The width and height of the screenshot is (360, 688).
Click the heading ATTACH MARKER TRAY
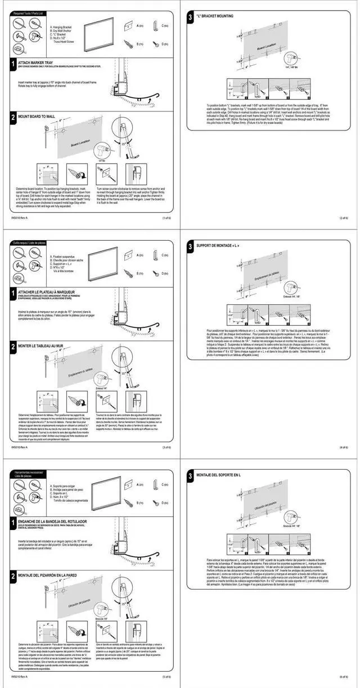(37, 63)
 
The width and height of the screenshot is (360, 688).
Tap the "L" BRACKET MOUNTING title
(214, 16)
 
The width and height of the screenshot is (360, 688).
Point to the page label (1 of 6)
(166, 218)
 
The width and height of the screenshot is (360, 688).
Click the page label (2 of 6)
(344, 218)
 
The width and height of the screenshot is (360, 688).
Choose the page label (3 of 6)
(166, 447)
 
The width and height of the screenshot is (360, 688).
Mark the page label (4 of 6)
(344, 447)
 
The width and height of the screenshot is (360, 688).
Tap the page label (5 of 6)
(166, 677)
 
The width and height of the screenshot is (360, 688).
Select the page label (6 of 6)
(344, 677)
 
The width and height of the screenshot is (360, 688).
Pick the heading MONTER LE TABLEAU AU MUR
(41, 346)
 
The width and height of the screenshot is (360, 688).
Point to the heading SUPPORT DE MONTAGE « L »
(218, 246)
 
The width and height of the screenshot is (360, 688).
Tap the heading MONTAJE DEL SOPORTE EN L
(219, 475)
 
